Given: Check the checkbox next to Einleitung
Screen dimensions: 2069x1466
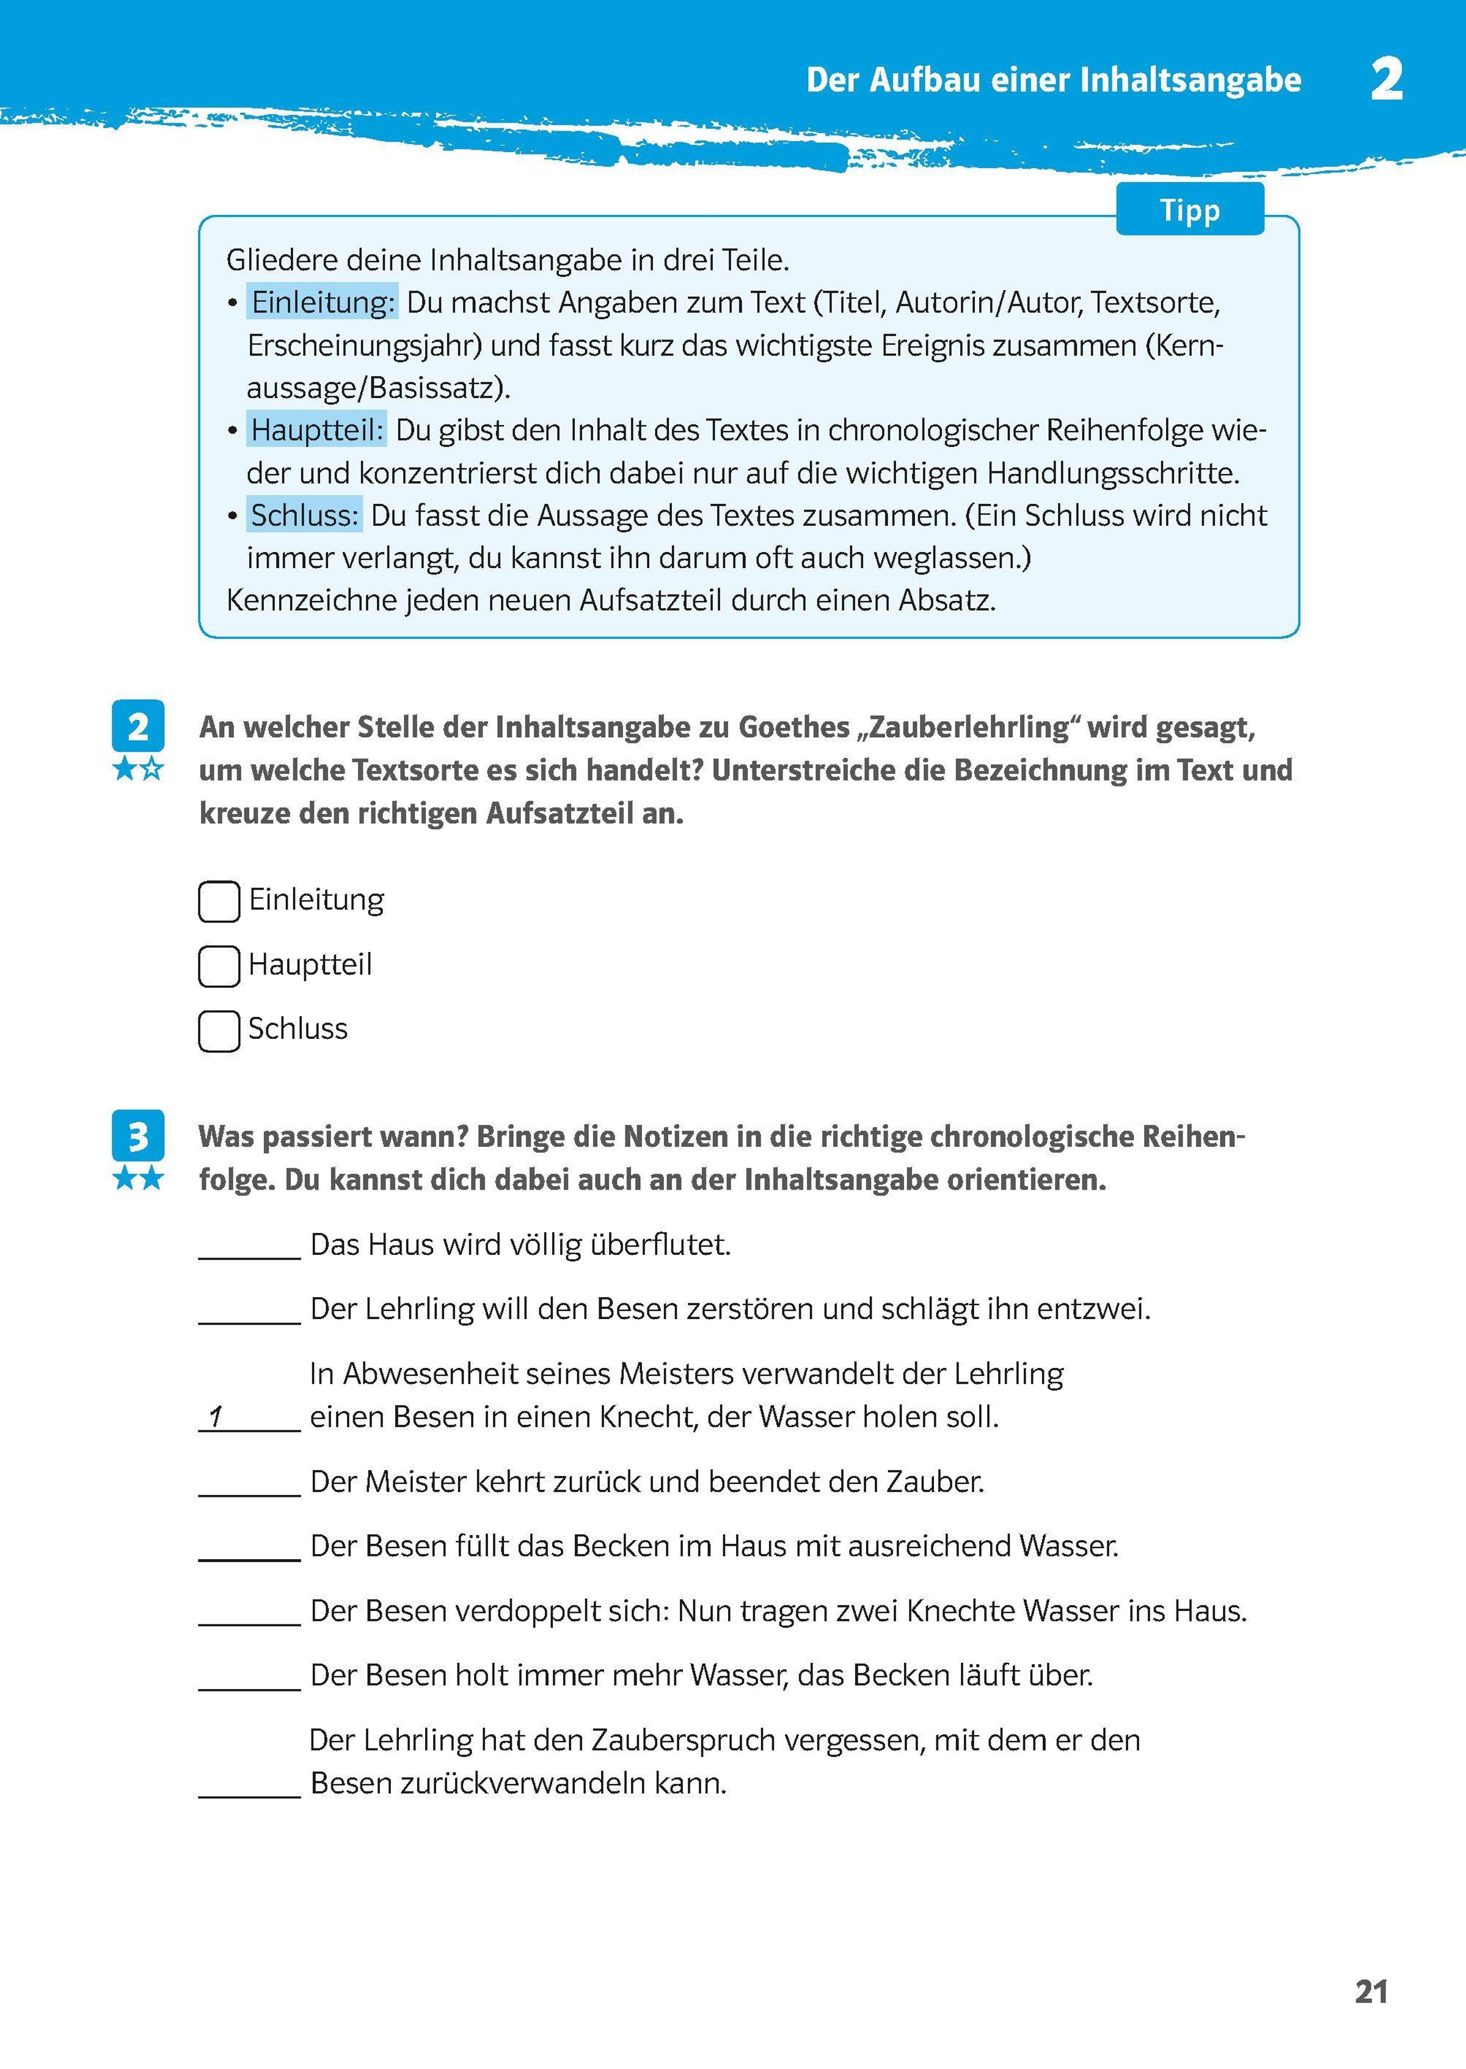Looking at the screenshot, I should click(219, 901).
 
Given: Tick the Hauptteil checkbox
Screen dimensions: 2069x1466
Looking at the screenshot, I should click(219, 965).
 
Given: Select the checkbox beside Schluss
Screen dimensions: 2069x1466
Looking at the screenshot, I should click(219, 1030).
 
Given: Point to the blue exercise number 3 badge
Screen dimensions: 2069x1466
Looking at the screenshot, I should click(138, 1135).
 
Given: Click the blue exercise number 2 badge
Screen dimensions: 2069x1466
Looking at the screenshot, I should click(138, 725).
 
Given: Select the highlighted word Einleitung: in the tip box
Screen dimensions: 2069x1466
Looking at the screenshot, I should click(323, 302).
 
